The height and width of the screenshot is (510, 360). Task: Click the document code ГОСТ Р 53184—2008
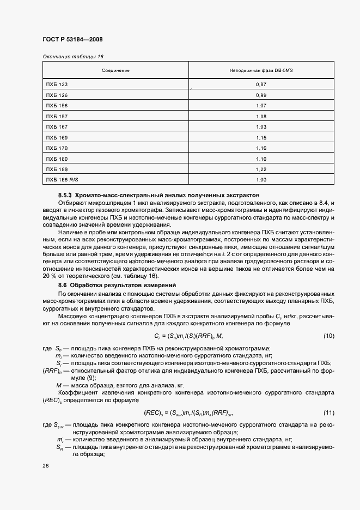pos(72,40)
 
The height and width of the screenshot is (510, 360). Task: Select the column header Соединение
pos(115,71)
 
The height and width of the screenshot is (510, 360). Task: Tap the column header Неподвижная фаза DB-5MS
pos(261,71)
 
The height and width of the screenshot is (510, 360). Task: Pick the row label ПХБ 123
pos(57,85)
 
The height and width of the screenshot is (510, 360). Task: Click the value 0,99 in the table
pos(261,95)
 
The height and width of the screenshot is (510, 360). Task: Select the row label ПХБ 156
pos(57,105)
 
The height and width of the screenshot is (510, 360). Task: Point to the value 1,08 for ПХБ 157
pos(261,117)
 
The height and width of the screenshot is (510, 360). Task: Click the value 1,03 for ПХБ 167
pos(261,127)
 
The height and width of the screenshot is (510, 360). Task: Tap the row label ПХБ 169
pos(57,138)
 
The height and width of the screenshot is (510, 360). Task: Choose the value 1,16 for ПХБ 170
pos(261,148)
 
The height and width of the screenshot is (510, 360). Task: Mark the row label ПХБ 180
pos(57,159)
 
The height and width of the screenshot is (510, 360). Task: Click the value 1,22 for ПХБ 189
pos(261,169)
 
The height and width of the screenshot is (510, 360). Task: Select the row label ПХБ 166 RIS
pos(62,179)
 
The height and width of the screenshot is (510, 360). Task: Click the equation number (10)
pos(328,335)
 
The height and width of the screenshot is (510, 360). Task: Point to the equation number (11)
pos(328,412)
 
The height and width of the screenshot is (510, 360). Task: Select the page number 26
pos(45,465)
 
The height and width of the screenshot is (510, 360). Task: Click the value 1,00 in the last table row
pos(261,179)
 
